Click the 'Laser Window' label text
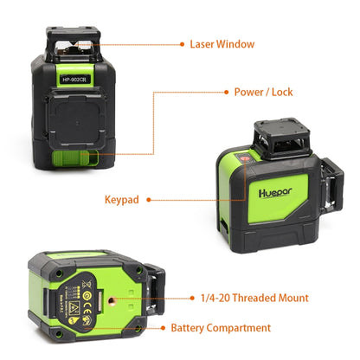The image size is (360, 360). [x=223, y=43]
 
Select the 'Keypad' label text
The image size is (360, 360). [x=121, y=199]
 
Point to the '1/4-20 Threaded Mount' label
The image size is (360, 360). [x=254, y=298]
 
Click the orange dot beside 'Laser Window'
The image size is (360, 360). [x=182, y=43]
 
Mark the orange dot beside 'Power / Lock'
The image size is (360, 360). [x=227, y=91]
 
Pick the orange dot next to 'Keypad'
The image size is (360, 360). [x=149, y=199]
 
